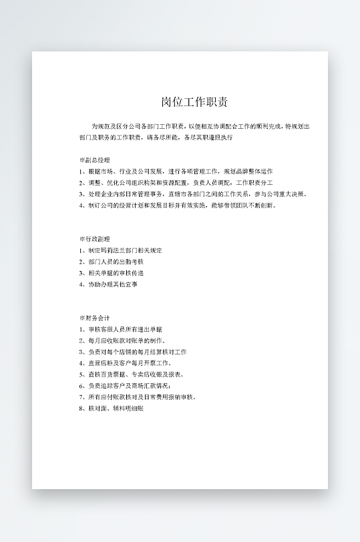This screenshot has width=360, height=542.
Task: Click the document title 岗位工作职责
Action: click(195, 102)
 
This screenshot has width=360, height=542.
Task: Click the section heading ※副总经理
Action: click(94, 160)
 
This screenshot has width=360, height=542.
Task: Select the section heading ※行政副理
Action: click(94, 239)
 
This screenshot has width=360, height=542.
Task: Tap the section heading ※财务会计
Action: click(94, 318)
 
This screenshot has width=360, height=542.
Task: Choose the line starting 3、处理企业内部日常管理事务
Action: click(193, 194)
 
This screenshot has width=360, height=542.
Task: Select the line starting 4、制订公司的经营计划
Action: click(177, 206)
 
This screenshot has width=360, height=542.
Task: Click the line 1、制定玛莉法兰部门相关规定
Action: click(120, 250)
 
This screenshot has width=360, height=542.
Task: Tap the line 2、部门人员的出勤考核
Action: click(111, 262)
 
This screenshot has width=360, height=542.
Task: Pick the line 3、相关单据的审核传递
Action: click(111, 273)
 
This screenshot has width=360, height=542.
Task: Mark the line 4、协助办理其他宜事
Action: click(108, 284)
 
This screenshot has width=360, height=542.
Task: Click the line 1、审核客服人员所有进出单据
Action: click(120, 329)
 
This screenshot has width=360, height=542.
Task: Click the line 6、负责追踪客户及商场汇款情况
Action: click(125, 386)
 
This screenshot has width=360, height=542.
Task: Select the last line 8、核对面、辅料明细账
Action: click(111, 409)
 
